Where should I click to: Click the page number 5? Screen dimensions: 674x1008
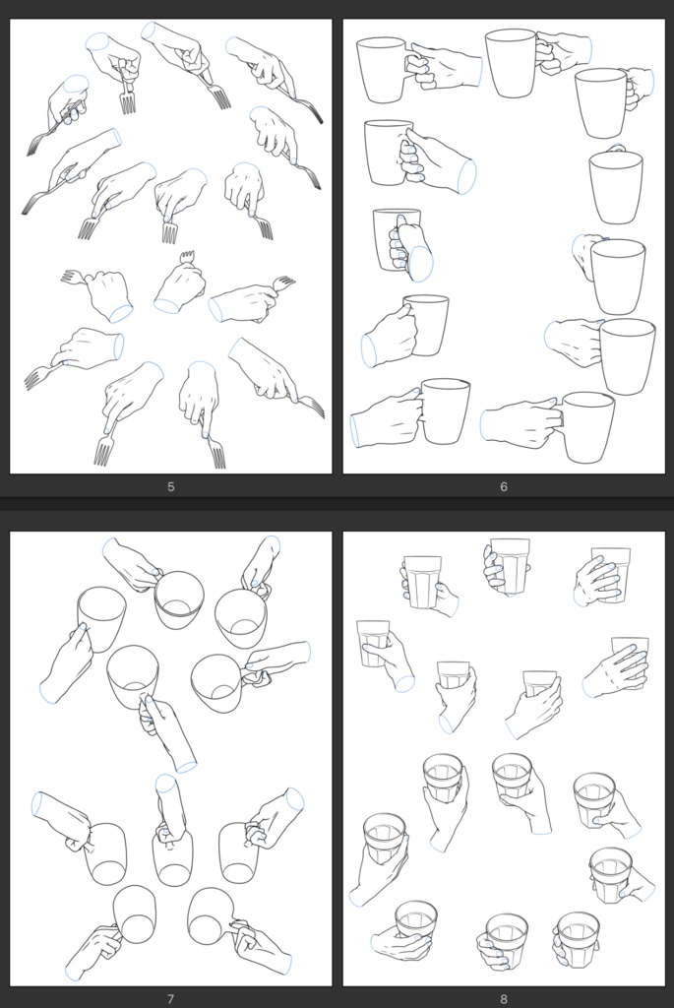pyautogui.click(x=171, y=486)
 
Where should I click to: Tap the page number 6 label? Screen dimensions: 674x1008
pyautogui.click(x=504, y=486)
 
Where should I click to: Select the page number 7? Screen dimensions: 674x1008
pyautogui.click(x=171, y=998)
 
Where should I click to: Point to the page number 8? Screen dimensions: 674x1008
pyautogui.click(x=504, y=998)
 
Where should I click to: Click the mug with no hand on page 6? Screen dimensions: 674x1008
pyautogui.click(x=616, y=186)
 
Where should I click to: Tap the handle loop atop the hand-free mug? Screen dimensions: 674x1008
pyautogui.click(x=616, y=148)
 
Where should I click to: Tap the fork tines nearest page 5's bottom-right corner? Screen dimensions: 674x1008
pyautogui.click(x=314, y=408)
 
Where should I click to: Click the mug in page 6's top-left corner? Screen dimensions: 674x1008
pyautogui.click(x=383, y=70)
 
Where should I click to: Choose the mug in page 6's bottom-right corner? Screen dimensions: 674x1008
pyautogui.click(x=587, y=427)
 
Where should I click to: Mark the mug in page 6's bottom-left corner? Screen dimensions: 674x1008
pyautogui.click(x=446, y=411)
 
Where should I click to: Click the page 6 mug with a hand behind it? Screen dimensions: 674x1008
pyautogui.click(x=618, y=276)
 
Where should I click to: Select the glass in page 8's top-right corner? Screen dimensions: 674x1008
pyautogui.click(x=611, y=574)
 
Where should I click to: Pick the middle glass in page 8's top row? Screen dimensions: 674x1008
pyautogui.click(x=510, y=566)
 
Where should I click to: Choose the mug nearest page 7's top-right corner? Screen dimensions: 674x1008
pyautogui.click(x=241, y=618)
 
